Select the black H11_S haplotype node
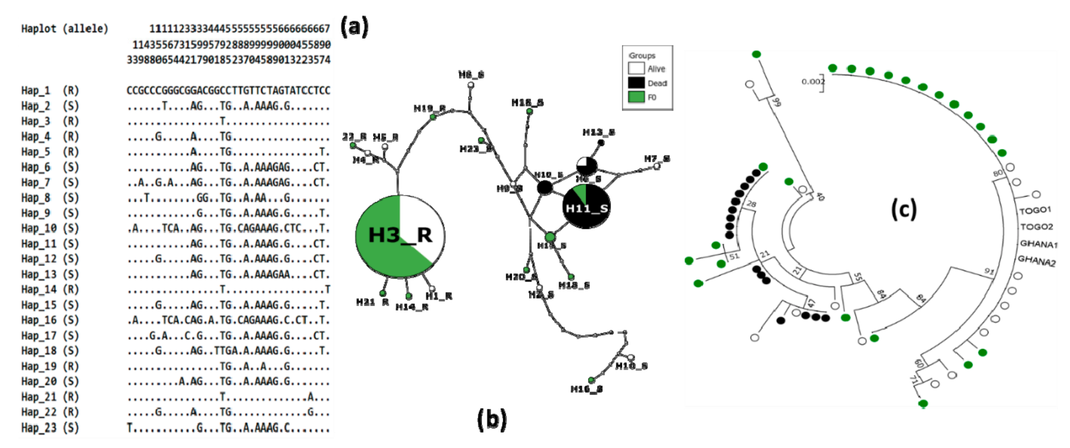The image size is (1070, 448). point(586,207)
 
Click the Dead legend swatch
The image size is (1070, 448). point(636,83)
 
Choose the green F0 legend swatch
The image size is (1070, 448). point(636,97)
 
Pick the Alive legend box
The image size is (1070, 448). point(636,69)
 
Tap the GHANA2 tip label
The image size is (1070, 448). point(1036,261)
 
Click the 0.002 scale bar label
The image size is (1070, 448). point(812,82)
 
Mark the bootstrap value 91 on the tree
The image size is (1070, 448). point(989,271)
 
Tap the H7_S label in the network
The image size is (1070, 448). point(657,158)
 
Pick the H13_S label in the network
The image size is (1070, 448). point(598,132)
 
